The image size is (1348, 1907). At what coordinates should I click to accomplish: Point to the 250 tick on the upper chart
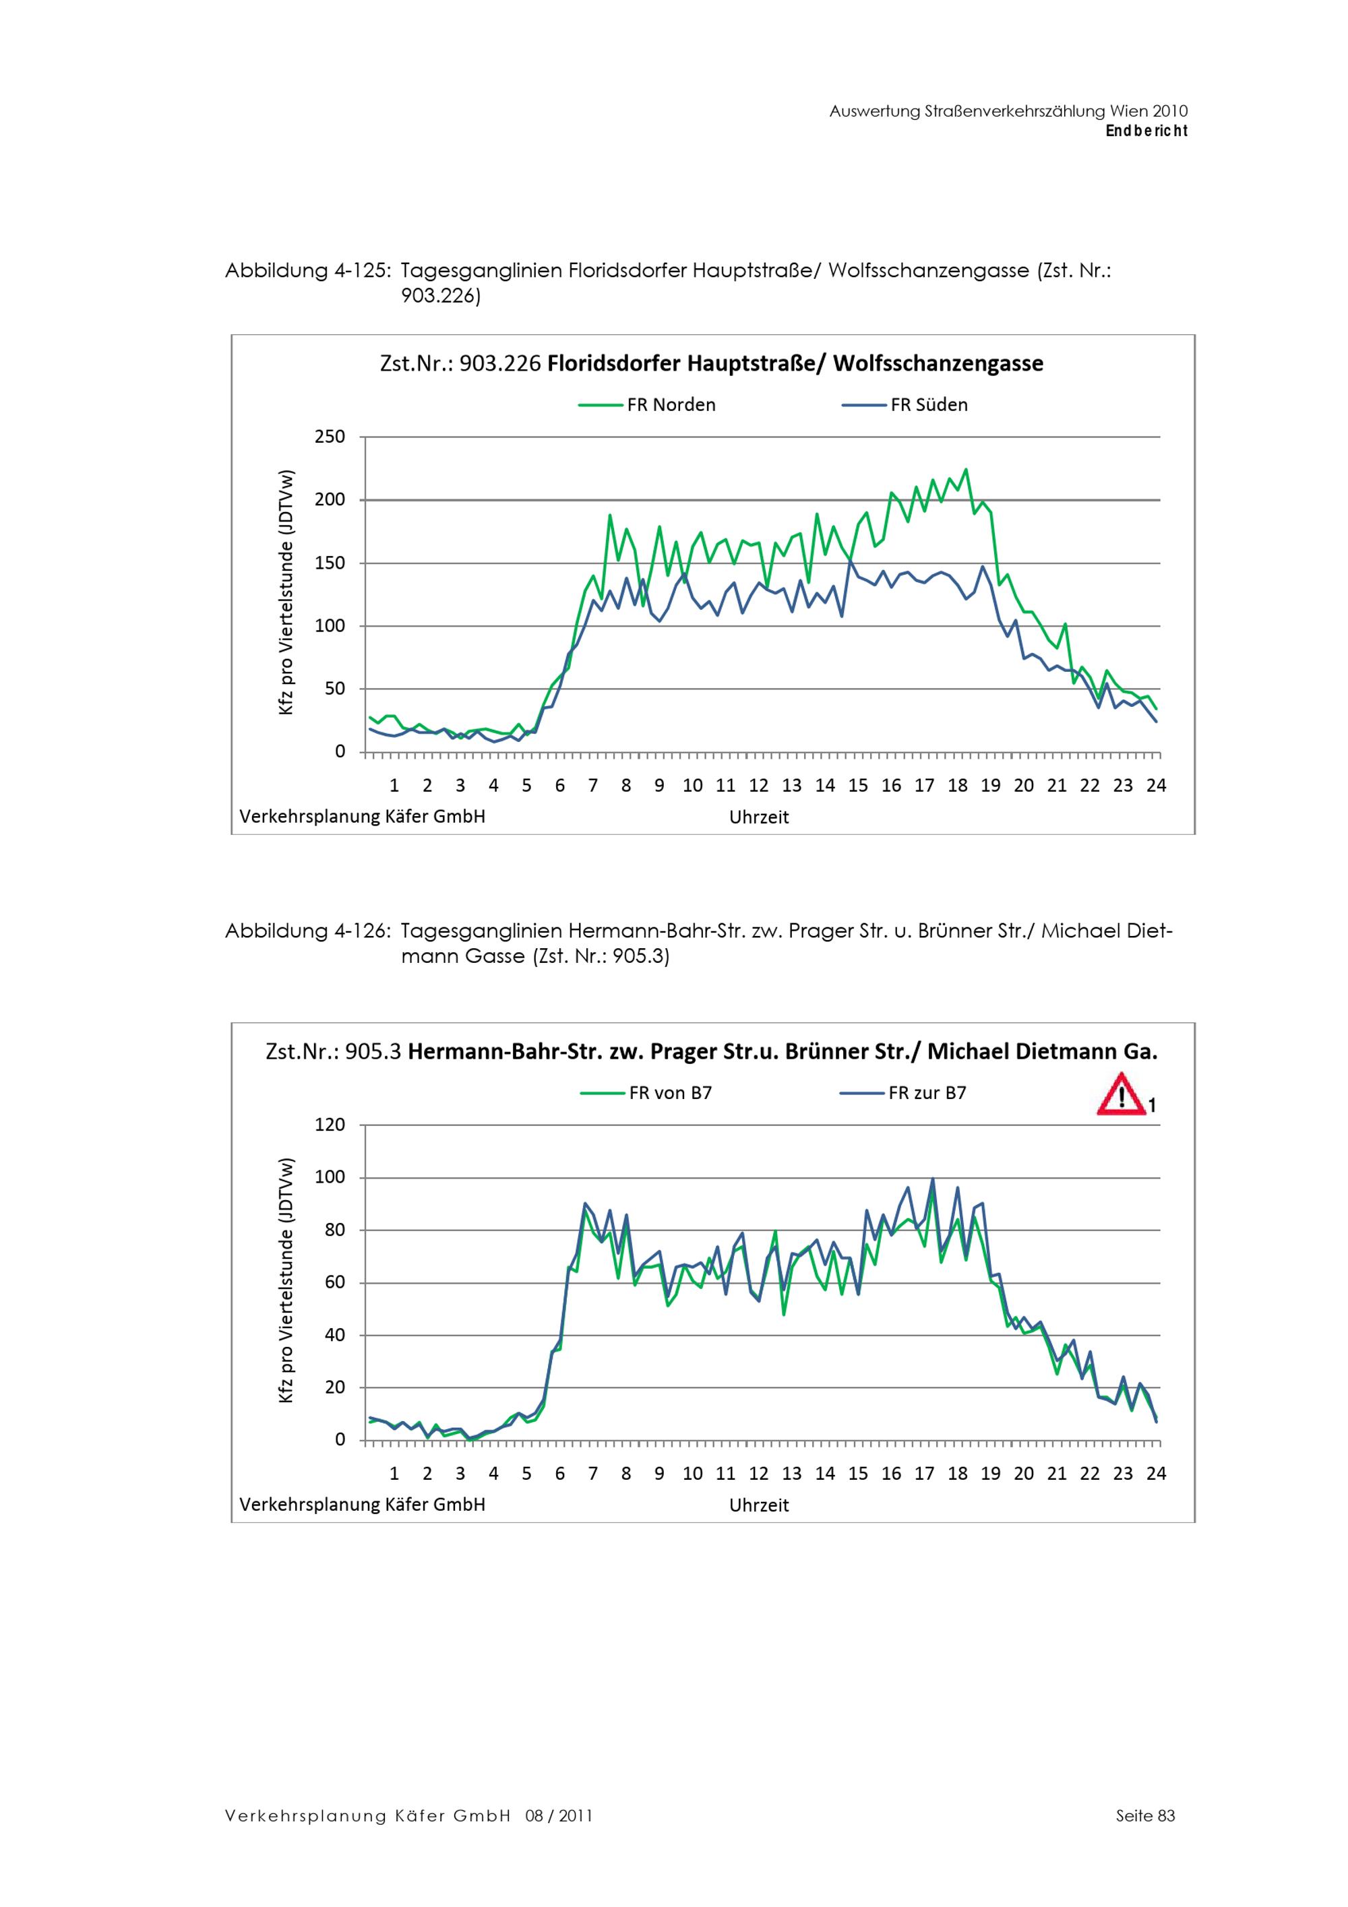tap(330, 437)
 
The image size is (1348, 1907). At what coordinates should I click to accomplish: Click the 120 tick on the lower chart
tap(330, 1125)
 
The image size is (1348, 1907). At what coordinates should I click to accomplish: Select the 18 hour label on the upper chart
tap(957, 786)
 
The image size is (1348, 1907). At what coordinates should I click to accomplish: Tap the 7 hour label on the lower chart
tap(593, 1474)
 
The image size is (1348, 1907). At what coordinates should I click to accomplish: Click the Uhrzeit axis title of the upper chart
tap(758, 817)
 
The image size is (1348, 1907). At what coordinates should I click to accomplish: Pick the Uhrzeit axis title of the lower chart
tap(758, 1505)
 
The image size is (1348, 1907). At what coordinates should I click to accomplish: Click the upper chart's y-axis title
tap(286, 592)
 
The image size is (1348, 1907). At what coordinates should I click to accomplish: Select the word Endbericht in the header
tap(1146, 131)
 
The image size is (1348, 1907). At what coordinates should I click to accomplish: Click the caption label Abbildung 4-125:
tap(307, 271)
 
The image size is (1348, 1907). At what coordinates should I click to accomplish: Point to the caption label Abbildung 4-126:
tap(307, 931)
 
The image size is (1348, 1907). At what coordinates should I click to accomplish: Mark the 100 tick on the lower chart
tap(330, 1178)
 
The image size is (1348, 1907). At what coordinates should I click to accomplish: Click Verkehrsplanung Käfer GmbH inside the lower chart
tap(362, 1504)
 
